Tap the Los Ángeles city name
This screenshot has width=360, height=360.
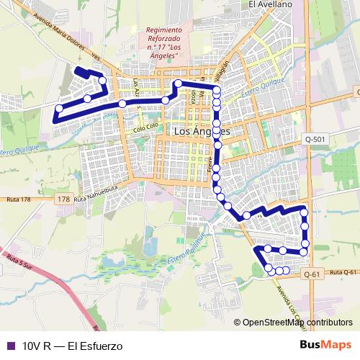click(x=202, y=132)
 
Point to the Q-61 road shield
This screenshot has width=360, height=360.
click(x=311, y=274)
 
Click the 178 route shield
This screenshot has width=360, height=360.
click(x=63, y=199)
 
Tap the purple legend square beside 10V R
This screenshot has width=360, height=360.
click(x=9, y=346)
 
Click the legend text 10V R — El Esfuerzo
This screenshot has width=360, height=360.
click(x=72, y=346)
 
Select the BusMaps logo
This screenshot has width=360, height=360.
click(x=326, y=345)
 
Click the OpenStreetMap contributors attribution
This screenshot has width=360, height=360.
click(x=297, y=323)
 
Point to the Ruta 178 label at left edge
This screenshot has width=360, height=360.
click(x=17, y=199)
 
